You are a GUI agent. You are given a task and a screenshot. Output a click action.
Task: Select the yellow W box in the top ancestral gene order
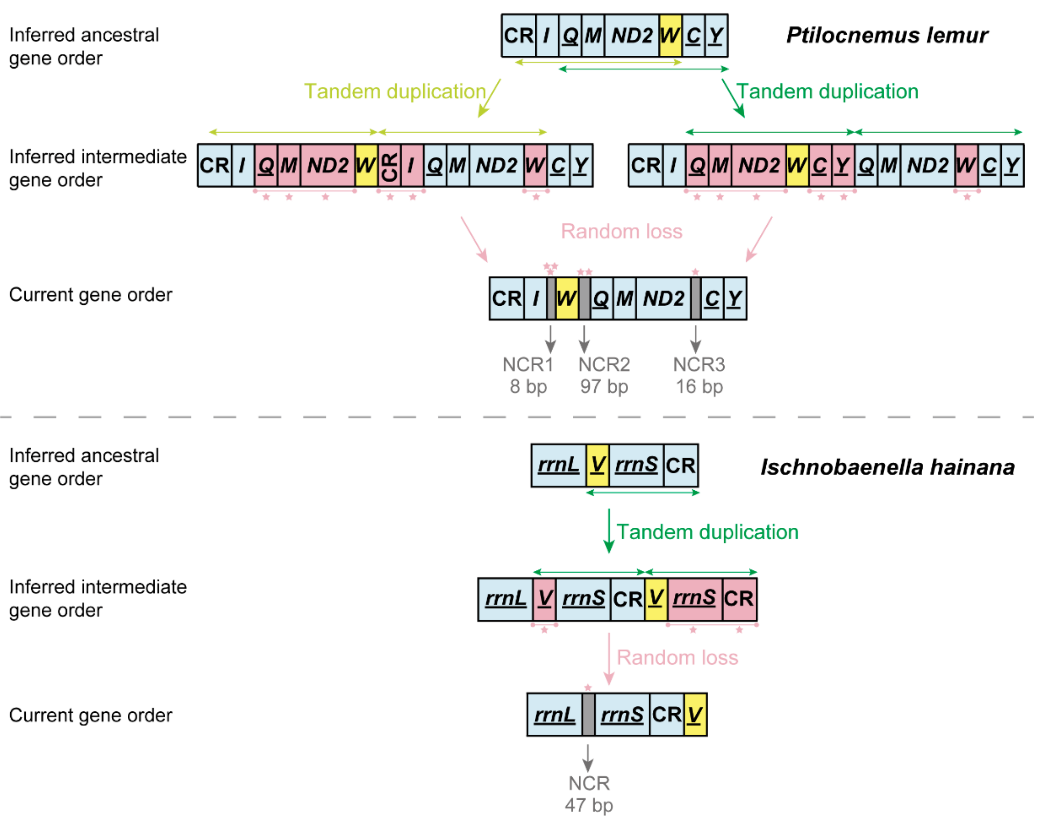click(x=670, y=36)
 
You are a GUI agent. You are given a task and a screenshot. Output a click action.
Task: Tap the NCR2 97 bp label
click(x=603, y=375)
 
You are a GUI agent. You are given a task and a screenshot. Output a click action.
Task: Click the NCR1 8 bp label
click(x=528, y=375)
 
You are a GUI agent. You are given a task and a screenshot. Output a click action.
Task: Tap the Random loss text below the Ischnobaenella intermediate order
click(x=677, y=657)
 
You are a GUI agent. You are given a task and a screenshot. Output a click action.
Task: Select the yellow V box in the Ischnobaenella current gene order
click(x=695, y=715)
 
